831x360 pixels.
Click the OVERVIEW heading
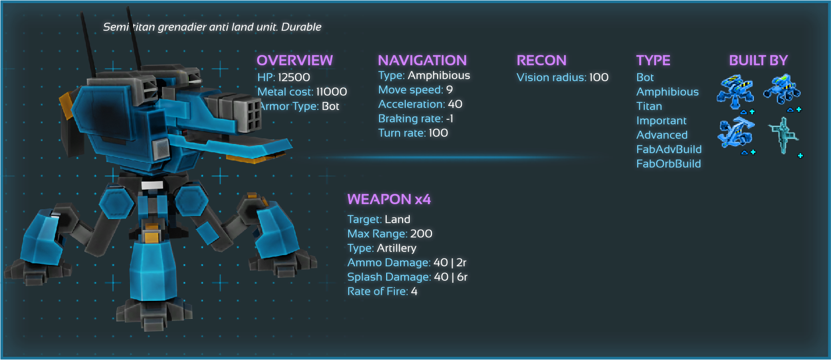[295, 60]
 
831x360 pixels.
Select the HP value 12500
[294, 77]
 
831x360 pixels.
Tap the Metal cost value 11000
[331, 92]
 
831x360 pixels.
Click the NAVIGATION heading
[422, 60]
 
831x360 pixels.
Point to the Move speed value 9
[449, 89]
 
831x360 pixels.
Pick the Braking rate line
[415, 118]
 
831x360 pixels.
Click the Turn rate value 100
[438, 133]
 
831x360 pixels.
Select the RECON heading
[541, 60]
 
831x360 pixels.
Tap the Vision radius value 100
[599, 77]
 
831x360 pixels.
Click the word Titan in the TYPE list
[649, 106]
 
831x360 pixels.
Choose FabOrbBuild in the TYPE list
[669, 164]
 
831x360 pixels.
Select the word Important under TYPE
[661, 120]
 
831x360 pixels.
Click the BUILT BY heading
[758, 60]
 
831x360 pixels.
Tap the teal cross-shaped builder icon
[783, 135]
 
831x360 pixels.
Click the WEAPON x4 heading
[389, 199]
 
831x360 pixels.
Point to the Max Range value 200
[421, 233]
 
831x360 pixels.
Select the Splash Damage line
[407, 277]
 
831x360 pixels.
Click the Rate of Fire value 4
[414, 291]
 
